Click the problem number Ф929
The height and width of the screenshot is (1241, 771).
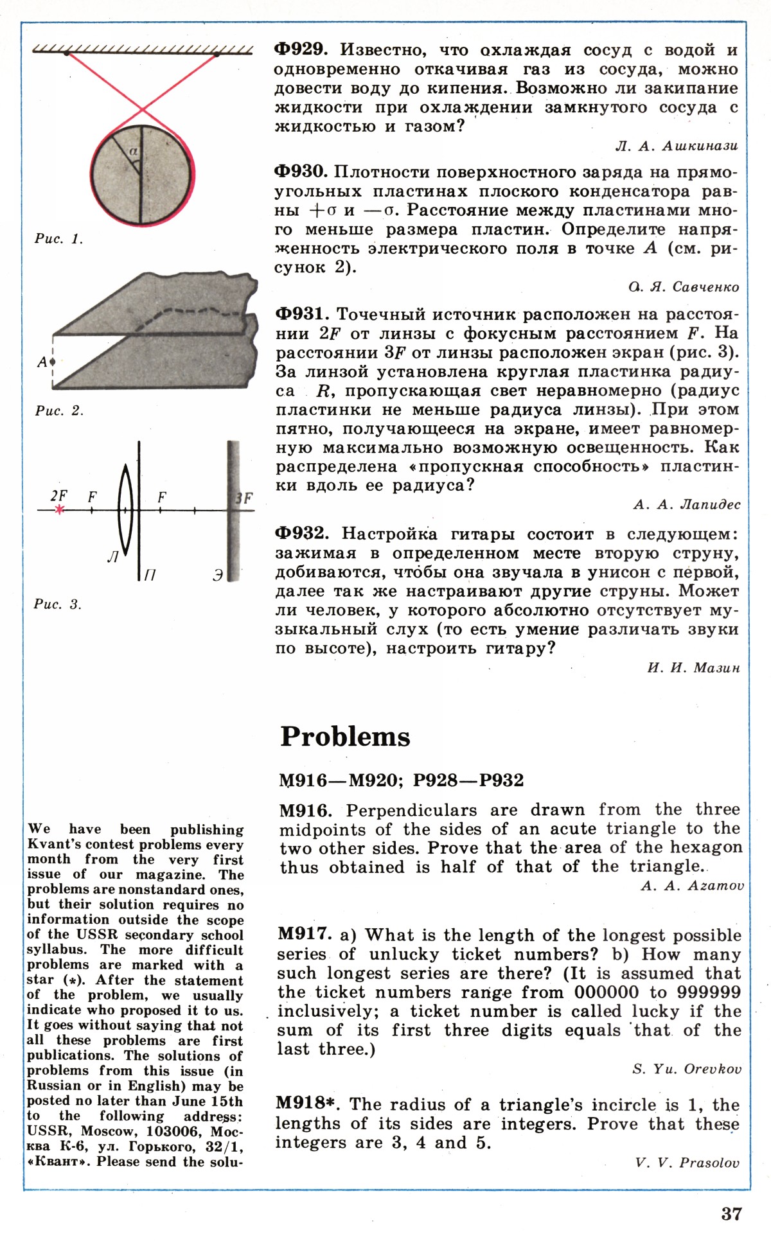pyautogui.click(x=301, y=49)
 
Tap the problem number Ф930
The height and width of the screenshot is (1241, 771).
pyautogui.click(x=301, y=172)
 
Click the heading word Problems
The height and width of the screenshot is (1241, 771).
pyautogui.click(x=345, y=737)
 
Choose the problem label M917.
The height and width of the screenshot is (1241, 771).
pyautogui.click(x=305, y=935)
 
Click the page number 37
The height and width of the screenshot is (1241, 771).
pyautogui.click(x=731, y=1213)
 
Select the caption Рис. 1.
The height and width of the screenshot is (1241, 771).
pyautogui.click(x=58, y=239)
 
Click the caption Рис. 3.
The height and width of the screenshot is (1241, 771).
pyautogui.click(x=58, y=604)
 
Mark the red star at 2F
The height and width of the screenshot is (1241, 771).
pyautogui.click(x=59, y=510)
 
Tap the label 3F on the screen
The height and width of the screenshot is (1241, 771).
pyautogui.click(x=244, y=498)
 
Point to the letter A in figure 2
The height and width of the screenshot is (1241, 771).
pyautogui.click(x=42, y=362)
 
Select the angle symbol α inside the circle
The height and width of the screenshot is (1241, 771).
pyautogui.click(x=133, y=152)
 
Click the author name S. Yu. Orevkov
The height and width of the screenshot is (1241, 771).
pyautogui.click(x=687, y=1069)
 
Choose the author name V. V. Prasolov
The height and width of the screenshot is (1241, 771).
pyautogui.click(x=687, y=1163)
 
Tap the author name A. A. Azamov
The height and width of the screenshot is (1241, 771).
pyautogui.click(x=692, y=886)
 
